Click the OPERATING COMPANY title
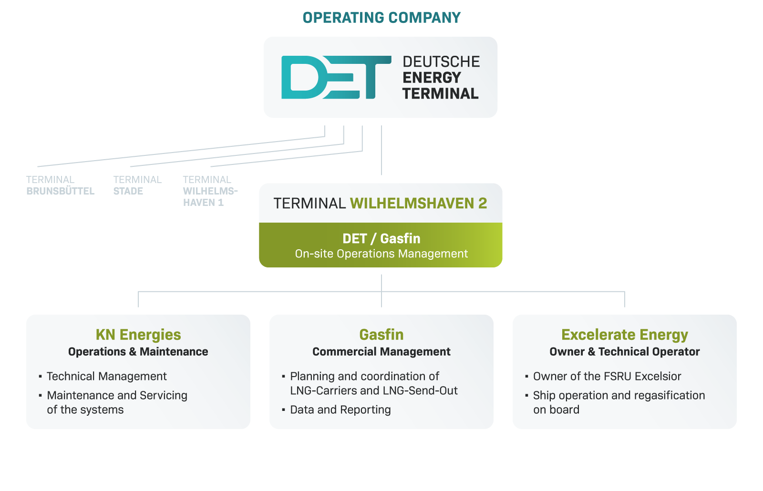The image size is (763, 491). [381, 18]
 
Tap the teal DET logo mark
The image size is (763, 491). [336, 77]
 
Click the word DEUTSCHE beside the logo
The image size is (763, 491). [441, 62]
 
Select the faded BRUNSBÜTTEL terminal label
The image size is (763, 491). [60, 191]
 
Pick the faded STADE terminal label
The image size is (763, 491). [128, 191]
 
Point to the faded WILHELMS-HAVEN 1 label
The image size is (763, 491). [210, 197]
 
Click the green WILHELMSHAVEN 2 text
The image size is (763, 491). [419, 203]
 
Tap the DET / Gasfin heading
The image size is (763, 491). [381, 239]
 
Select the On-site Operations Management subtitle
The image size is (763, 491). [381, 254]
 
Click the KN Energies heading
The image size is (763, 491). [138, 335]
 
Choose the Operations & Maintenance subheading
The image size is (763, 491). [138, 351]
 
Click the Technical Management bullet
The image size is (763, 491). [107, 376]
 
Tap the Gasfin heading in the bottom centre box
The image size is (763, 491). [381, 335]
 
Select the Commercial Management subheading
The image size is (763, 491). [381, 351]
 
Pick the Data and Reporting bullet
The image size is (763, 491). [340, 409]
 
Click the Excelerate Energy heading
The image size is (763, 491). [625, 335]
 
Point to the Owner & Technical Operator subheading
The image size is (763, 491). [625, 351]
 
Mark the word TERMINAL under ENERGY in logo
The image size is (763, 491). [441, 93]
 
